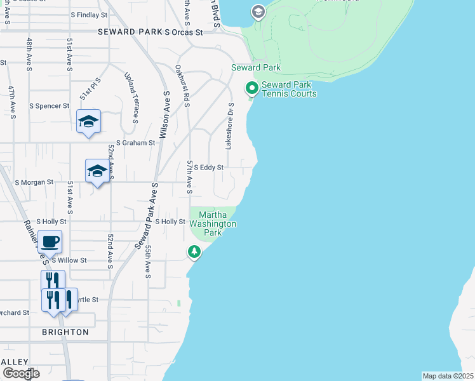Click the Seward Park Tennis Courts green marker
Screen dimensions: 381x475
pos(251,88)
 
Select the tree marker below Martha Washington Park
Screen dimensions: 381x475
pos(194,252)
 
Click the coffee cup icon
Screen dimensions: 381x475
pos(50,242)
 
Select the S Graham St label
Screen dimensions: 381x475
pos(135,144)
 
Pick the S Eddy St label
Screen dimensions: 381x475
pos(209,168)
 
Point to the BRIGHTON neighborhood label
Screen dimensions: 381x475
pos(65,332)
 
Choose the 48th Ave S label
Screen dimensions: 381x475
pos(29,53)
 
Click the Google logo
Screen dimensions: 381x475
pos(21,374)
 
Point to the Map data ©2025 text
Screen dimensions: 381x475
pos(448,376)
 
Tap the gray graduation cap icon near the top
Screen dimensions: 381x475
pos(258,11)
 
